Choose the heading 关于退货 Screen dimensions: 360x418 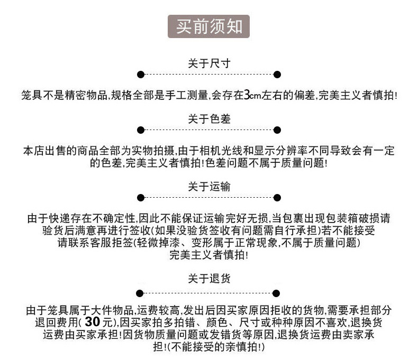point(209,278)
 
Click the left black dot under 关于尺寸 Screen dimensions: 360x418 point(140,75)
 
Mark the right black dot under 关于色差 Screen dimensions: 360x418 point(277,130)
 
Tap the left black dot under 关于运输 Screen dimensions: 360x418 point(140,198)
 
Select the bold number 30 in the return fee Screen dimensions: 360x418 point(93,322)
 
